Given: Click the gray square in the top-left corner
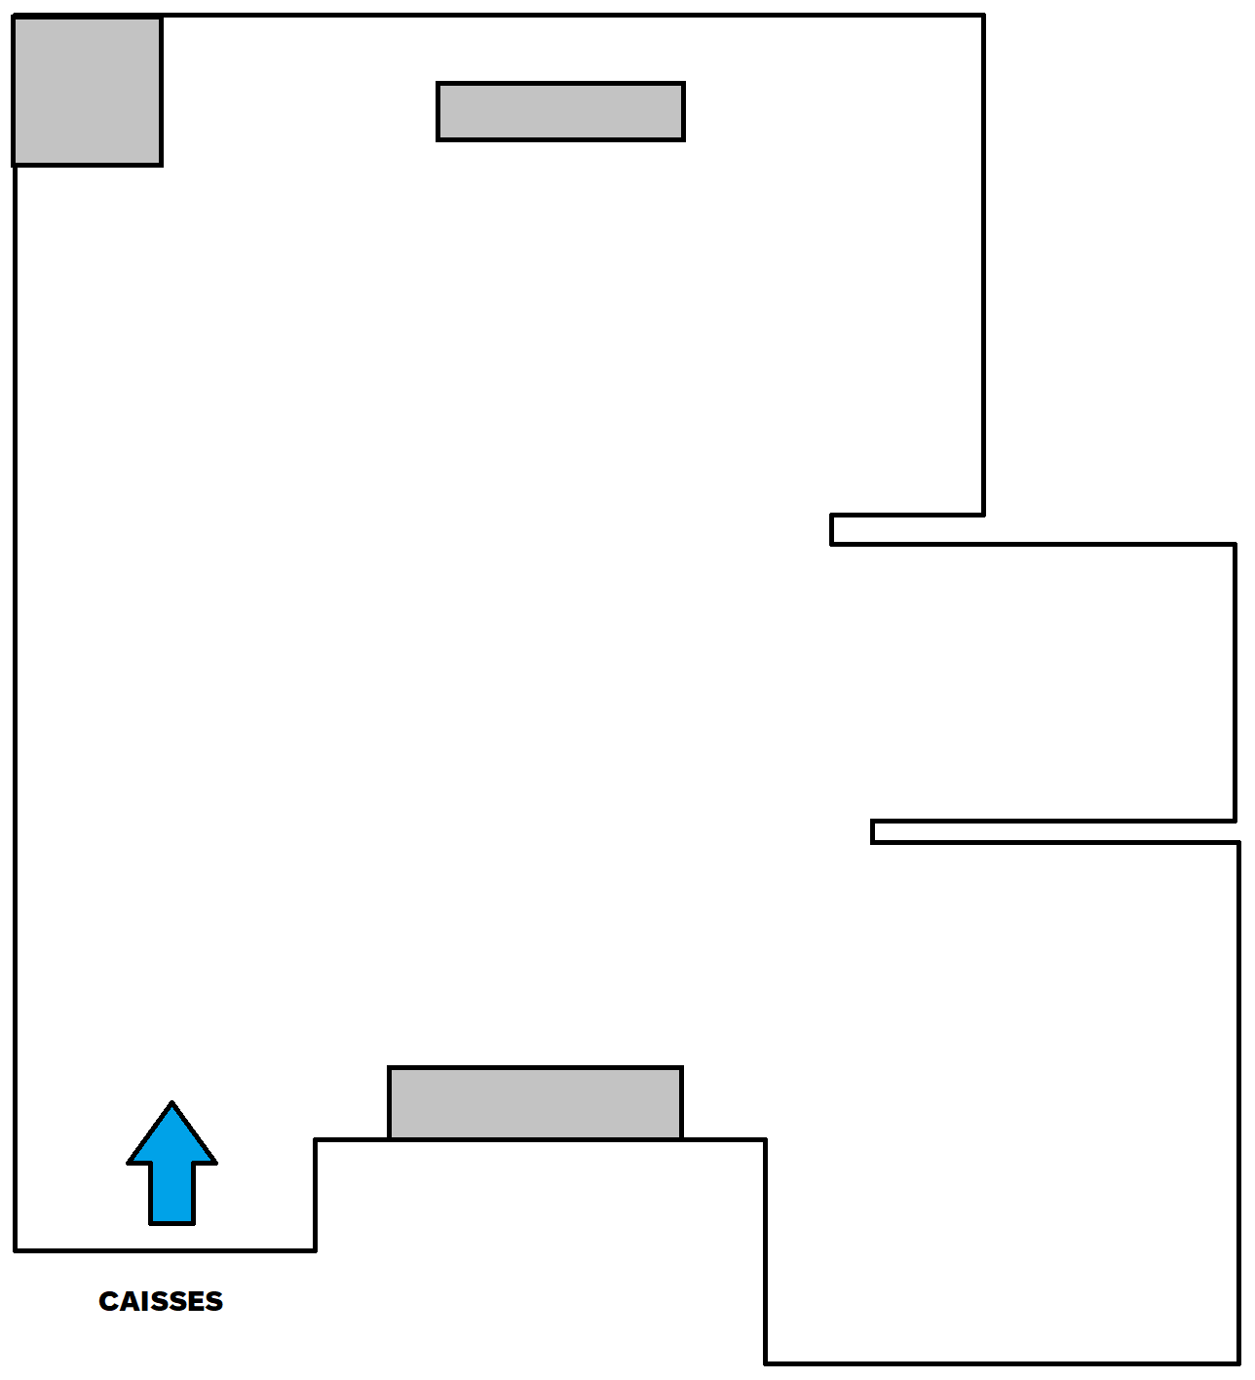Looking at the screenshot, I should [88, 91].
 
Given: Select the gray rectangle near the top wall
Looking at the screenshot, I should [560, 112].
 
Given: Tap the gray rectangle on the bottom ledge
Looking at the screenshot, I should [535, 1103].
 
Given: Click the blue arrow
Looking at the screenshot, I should [171, 1169].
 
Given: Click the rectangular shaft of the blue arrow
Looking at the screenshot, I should [171, 1193].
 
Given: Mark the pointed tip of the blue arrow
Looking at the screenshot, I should [171, 1105].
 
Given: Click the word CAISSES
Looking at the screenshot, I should [161, 1301].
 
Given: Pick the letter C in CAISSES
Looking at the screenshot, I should [109, 1301].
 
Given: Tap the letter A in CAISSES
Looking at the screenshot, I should [131, 1301].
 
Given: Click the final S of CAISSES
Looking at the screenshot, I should [213, 1301].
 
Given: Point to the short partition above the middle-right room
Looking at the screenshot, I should [907, 529].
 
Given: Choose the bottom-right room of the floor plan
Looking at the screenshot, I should [1004, 1101].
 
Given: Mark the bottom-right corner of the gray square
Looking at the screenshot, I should [161, 164].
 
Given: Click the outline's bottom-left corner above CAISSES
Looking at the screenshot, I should [16, 1249].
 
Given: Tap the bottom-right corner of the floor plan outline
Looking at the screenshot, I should [1237, 1362].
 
